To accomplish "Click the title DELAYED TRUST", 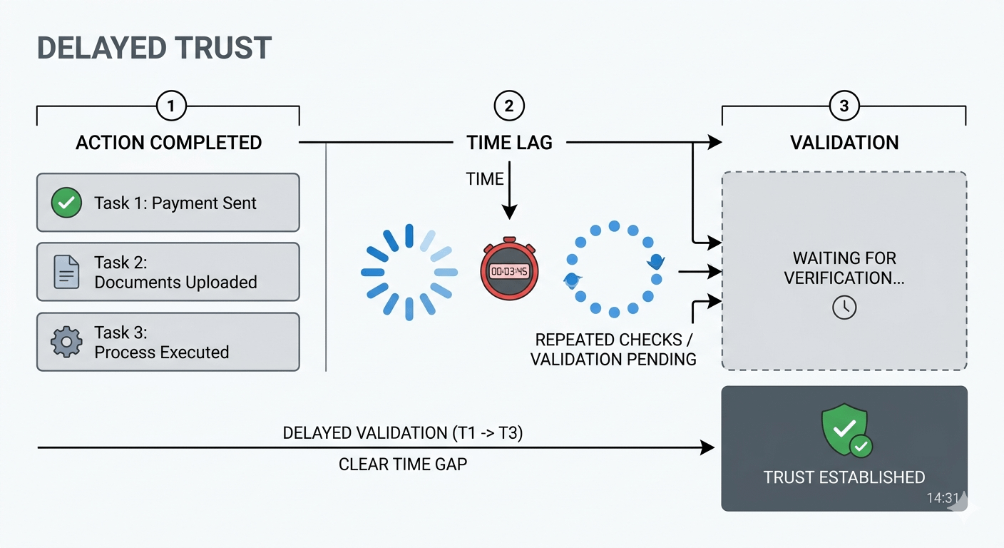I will [154, 48].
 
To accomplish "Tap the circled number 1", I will [170, 106].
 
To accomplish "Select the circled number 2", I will [508, 106].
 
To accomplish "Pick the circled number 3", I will [844, 106].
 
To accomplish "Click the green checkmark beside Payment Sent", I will [66, 203].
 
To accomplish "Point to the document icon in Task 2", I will [66, 272].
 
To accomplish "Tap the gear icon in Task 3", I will [66, 342].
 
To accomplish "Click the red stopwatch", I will [509, 270].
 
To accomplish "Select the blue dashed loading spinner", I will [409, 272].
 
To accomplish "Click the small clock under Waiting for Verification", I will [844, 308].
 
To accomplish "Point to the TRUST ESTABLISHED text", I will [844, 477].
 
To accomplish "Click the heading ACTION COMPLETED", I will [169, 143].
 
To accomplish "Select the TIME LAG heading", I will [509, 143].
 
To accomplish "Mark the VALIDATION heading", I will [844, 143].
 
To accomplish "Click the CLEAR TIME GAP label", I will [403, 465].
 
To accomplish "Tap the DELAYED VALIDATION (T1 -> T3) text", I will [403, 433].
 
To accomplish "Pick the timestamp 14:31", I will [942, 498].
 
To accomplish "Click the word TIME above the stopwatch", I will [485, 179].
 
